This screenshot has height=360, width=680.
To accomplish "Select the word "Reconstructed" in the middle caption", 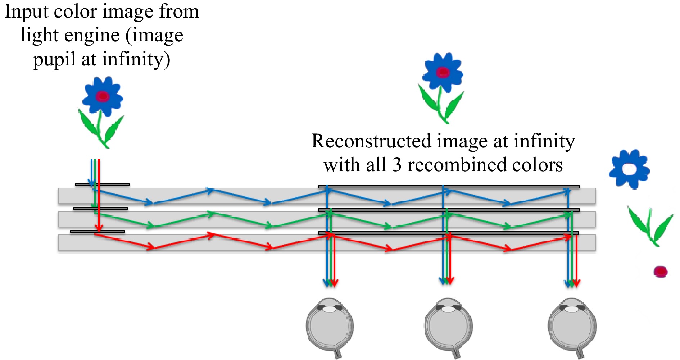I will coord(371,141).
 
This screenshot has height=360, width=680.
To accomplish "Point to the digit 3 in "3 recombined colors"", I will coord(397,165).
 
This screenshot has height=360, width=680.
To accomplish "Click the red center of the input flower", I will coord(103,96).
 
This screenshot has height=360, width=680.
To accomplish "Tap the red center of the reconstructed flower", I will coord(443,73).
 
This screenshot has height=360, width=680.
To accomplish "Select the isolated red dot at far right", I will coord(661,272).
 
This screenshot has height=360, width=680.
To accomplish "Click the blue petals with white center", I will coord(629,169).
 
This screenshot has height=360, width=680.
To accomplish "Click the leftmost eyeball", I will coord(330,325).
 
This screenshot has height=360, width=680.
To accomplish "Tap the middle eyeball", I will coord(448,325).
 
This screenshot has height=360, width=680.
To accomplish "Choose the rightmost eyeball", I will coord(572,325).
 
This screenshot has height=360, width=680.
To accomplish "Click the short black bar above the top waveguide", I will coord(102,184).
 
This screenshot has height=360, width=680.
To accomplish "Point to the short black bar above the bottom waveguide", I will coord(98,232).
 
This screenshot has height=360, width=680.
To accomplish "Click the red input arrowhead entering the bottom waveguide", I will coord(99,228).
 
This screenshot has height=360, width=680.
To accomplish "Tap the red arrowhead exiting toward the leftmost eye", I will coord(334,283).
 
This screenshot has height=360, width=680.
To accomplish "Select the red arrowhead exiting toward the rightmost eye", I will coord(576,283).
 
